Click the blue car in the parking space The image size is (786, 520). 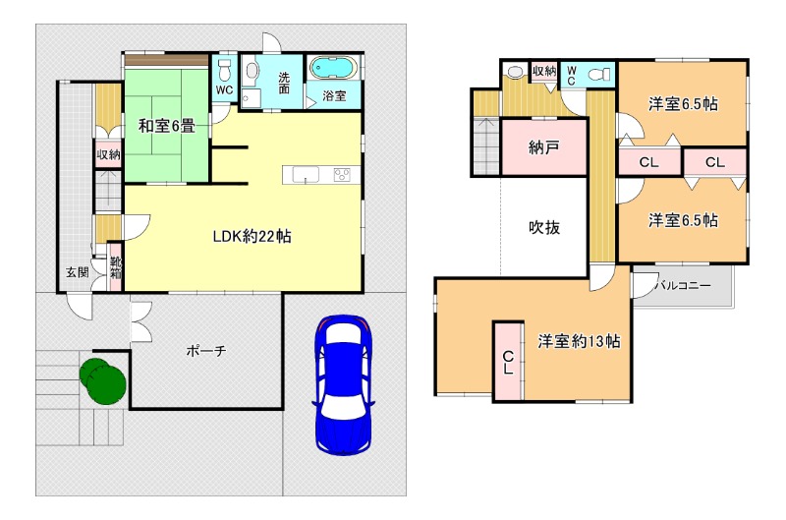[343, 384]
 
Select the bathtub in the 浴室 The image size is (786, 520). [333, 69]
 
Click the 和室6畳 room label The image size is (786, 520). [166, 126]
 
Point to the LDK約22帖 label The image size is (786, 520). [253, 236]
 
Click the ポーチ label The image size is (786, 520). [206, 351]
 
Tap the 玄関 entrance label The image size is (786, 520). [78, 272]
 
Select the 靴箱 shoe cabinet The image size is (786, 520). [116, 266]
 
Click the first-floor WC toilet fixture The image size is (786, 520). [224, 70]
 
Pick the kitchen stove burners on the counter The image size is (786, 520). [342, 175]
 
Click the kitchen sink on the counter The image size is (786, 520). [306, 175]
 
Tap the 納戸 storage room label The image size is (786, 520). [544, 147]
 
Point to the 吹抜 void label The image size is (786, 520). [544, 228]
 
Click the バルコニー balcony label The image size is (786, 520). [683, 286]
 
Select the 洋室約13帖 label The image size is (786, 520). [579, 341]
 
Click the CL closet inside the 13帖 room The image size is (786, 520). [508, 362]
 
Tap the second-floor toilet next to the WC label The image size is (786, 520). [598, 75]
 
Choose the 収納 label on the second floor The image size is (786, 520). [544, 71]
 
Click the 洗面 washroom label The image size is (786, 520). [284, 83]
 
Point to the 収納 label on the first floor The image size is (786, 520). [108, 155]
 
